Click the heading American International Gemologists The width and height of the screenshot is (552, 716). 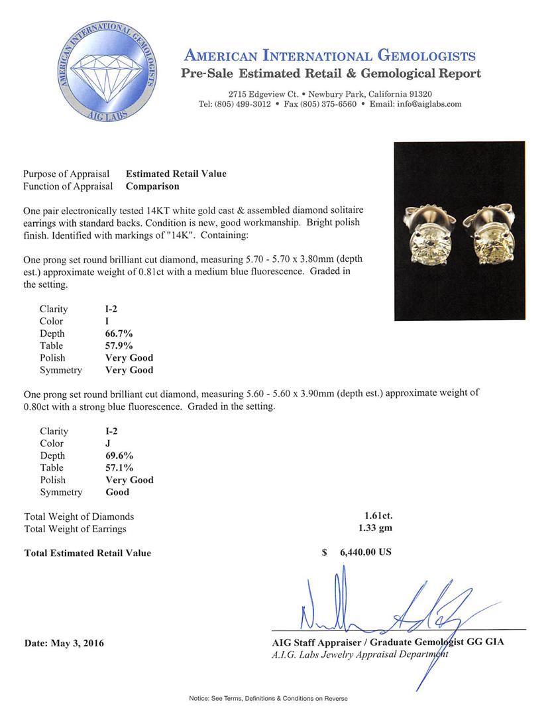click(x=329, y=55)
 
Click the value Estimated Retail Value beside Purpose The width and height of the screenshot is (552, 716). click(x=176, y=174)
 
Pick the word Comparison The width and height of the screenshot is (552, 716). click(x=152, y=186)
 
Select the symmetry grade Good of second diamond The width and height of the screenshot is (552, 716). click(x=117, y=492)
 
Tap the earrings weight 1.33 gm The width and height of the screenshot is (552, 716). click(x=373, y=528)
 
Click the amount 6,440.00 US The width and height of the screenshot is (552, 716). click(x=365, y=552)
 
